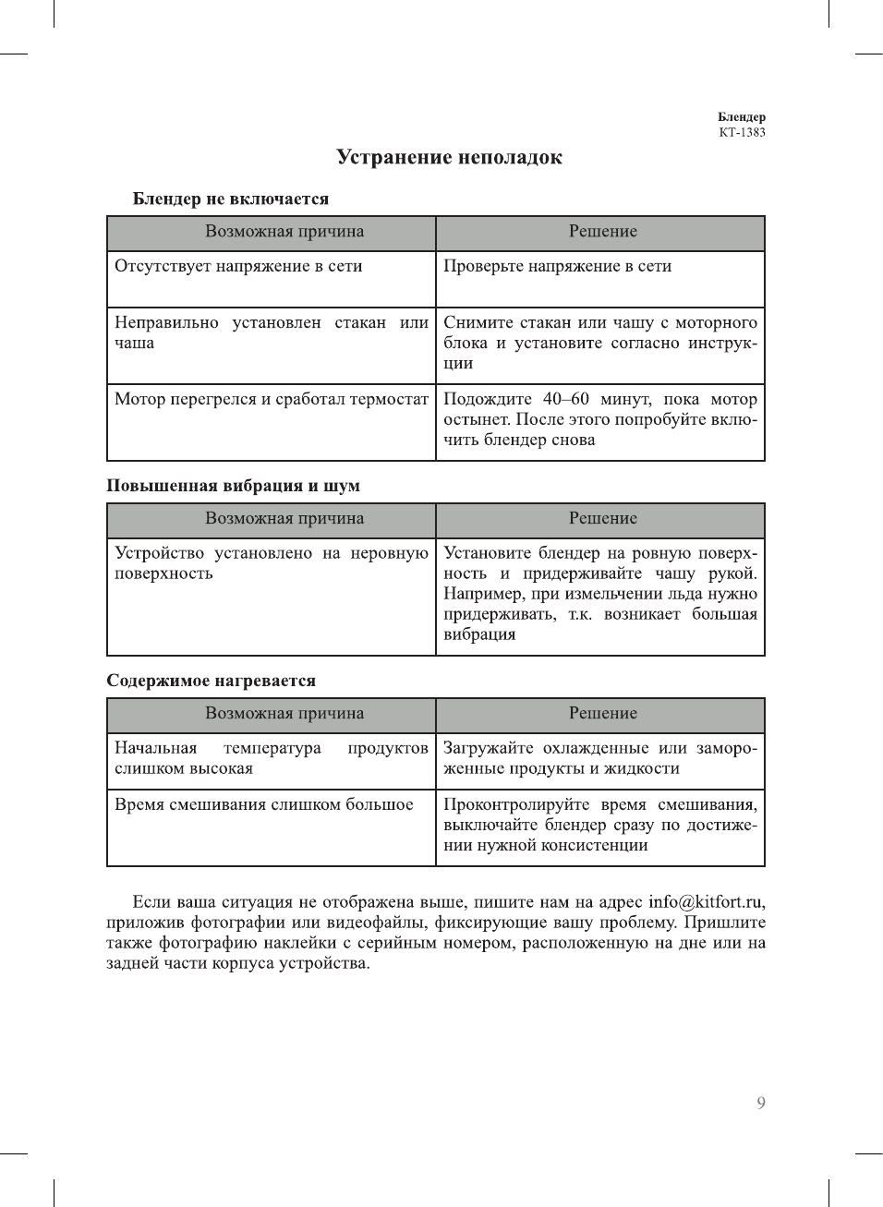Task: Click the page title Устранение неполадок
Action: (x=449, y=158)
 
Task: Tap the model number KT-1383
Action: (x=742, y=132)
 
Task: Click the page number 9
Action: (x=760, y=1103)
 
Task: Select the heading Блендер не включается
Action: (x=231, y=199)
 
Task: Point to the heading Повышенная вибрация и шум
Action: (x=233, y=486)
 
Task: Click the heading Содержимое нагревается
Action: (x=211, y=681)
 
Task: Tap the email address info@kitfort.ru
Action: (x=705, y=902)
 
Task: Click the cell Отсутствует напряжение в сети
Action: (x=238, y=266)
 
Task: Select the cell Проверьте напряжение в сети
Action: (x=557, y=266)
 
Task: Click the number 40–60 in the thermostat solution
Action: (x=565, y=399)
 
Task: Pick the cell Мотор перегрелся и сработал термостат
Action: (x=271, y=399)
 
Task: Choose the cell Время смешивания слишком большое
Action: (x=263, y=804)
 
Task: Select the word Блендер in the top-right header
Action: (x=741, y=117)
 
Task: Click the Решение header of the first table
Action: (x=602, y=232)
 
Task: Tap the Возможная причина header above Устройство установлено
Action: (x=284, y=519)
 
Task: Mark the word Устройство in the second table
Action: (x=159, y=553)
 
